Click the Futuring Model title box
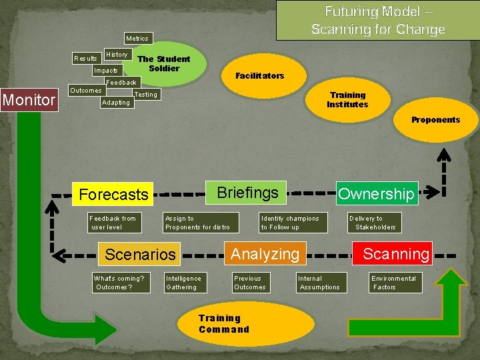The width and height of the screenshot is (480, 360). [377, 20]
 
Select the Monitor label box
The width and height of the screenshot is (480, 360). [29, 100]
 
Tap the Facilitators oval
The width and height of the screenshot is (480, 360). [259, 75]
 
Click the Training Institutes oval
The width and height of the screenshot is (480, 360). [347, 100]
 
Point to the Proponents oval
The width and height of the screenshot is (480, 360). [435, 120]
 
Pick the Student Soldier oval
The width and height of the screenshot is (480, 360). [164, 64]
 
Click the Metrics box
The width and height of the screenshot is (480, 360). [137, 39]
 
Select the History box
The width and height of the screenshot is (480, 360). [117, 54]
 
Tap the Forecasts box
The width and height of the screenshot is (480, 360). [113, 195]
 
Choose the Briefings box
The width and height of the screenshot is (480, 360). [247, 193]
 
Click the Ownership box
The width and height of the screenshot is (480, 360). [376, 194]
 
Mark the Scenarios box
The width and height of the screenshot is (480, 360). [140, 254]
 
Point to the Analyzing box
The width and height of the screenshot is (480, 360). [265, 254]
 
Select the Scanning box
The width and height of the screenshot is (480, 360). [396, 254]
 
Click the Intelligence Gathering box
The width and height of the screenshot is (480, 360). [183, 283]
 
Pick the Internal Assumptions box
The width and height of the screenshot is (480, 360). [319, 283]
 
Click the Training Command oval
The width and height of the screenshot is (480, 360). [245, 324]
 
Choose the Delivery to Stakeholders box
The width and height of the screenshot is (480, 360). [375, 223]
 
